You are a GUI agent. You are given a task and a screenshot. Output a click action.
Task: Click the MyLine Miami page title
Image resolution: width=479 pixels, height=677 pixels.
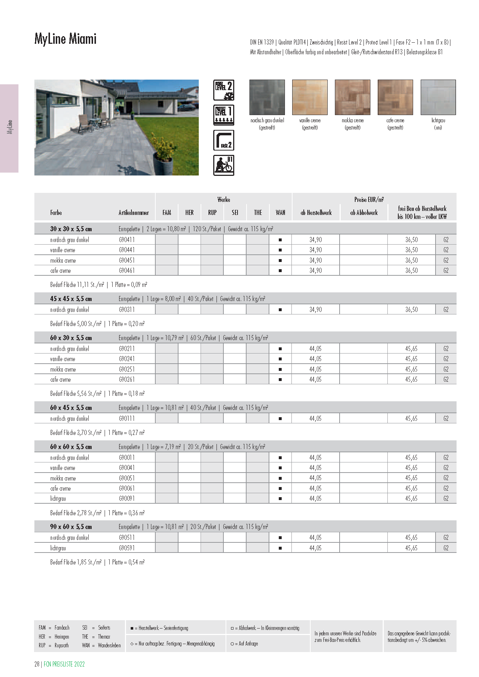pos(66,39)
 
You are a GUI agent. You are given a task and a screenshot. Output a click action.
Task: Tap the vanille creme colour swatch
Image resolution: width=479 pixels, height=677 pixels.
pos(310,97)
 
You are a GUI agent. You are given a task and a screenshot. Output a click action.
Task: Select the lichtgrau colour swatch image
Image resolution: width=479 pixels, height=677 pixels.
pos(438,97)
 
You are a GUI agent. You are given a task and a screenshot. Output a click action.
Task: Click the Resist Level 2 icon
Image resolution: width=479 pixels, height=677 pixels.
pos(224,90)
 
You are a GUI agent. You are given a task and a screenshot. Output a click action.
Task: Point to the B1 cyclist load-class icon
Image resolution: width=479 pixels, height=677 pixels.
pos(224,165)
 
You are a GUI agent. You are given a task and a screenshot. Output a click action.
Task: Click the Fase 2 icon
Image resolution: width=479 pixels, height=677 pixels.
pos(224,140)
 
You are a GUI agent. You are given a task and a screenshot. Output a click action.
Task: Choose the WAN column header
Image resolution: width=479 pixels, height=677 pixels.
pos(280,213)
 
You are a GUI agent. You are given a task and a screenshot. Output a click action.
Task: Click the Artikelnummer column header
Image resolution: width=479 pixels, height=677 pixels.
pos(134,213)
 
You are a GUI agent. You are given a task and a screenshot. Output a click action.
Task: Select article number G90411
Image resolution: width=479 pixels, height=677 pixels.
pos(127,240)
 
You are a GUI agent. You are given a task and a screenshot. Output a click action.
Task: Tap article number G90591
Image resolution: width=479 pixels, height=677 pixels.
pos(127,548)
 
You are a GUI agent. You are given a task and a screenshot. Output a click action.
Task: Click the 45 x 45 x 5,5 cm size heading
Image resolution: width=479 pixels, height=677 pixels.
pos(71,299)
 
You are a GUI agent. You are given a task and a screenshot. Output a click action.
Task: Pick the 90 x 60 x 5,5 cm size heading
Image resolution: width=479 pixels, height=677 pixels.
pos(71,527)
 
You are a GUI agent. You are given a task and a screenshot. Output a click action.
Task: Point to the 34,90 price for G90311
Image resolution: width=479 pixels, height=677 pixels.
pos(315,310)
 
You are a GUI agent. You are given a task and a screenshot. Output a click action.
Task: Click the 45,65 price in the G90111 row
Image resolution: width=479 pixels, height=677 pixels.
pos(411,419)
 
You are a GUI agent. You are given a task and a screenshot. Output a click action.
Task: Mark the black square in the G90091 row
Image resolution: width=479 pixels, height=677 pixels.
pos(280,499)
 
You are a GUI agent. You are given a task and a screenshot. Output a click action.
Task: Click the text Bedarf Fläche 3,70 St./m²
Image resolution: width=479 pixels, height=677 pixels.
pos(76,433)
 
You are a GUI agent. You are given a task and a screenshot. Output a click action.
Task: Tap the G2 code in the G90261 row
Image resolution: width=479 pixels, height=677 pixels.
pos(446,380)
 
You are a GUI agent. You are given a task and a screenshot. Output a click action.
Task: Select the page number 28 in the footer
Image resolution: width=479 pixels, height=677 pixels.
pos(37,664)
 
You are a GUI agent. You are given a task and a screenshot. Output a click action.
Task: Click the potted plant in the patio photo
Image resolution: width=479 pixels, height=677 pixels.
pos(163,159)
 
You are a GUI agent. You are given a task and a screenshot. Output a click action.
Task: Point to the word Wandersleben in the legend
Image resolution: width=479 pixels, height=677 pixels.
pos(109,646)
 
